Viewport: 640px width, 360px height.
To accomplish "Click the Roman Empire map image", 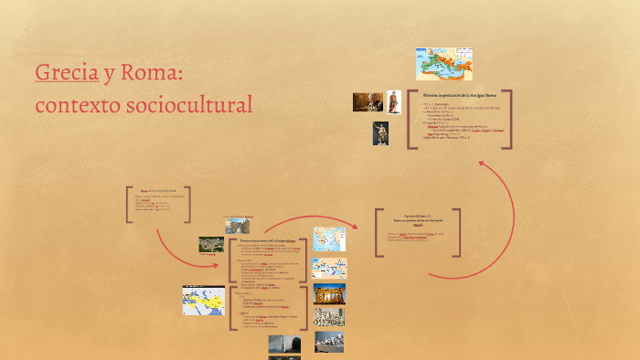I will [x=443, y=64].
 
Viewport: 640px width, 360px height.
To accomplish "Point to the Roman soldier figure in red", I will [x=394, y=101].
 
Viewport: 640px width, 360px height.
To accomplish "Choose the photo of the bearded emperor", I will [x=368, y=101].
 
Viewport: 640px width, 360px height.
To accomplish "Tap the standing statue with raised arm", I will [x=380, y=133].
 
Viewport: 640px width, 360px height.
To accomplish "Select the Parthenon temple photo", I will [x=329, y=293].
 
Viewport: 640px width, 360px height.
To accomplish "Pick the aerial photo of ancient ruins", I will [x=211, y=244].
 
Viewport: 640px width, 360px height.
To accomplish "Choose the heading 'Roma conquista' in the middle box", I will [x=417, y=219].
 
